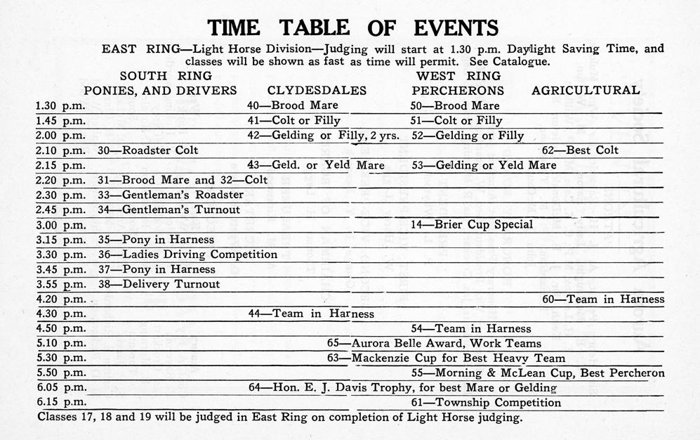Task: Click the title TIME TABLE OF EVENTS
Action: pyautogui.click(x=353, y=27)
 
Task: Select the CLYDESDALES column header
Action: pyautogui.click(x=317, y=90)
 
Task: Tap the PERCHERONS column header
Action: pyautogui.click(x=458, y=90)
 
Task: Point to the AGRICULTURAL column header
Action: pyautogui.click(x=586, y=90)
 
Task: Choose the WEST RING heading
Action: pyautogui.click(x=458, y=76)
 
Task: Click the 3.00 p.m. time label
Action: pyautogui.click(x=60, y=225)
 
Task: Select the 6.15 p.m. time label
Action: pyautogui.click(x=60, y=403)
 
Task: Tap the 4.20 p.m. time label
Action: pyautogui.click(x=60, y=299)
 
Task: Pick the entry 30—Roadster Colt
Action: pyautogui.click(x=148, y=150)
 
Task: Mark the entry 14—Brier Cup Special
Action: pyautogui.click(x=472, y=225)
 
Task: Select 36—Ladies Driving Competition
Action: pyautogui.click(x=187, y=254)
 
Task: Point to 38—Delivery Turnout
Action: pyautogui.click(x=159, y=285)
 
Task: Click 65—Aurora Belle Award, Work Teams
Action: pyautogui.click(x=434, y=344)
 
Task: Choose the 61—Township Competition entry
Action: pyautogui.click(x=486, y=403)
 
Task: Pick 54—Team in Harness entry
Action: pyautogui.click(x=471, y=328)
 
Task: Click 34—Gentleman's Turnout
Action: pyautogui.click(x=169, y=209)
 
